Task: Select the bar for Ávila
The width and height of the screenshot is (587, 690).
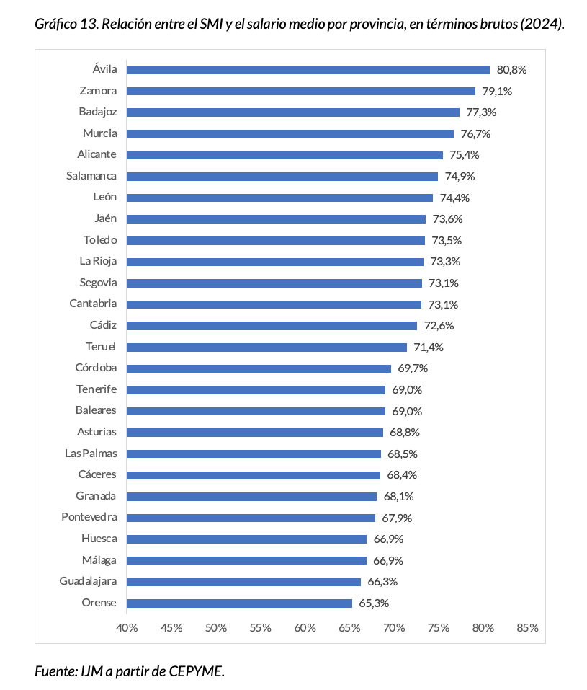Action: click(x=308, y=70)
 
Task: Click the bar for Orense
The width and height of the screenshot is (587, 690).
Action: click(x=240, y=603)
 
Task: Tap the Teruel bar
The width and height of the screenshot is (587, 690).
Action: click(x=267, y=347)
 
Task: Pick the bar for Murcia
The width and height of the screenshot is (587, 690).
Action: click(x=290, y=134)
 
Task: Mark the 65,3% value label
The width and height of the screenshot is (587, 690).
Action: click(x=375, y=603)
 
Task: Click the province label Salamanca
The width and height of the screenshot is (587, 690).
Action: click(x=91, y=176)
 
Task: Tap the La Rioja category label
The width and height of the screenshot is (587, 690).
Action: click(x=99, y=261)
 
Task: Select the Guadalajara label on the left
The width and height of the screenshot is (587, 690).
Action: click(x=88, y=581)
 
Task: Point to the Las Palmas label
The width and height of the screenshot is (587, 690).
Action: click(x=91, y=454)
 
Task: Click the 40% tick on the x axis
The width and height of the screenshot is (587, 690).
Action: click(x=127, y=627)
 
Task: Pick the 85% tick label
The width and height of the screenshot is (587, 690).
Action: click(x=527, y=627)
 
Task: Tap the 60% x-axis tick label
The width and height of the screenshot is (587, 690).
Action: click(x=305, y=627)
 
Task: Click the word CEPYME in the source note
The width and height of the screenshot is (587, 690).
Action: click(x=196, y=671)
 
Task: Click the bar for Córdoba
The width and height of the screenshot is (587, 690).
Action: click(x=259, y=368)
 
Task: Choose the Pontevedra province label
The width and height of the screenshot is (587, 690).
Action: click(x=89, y=518)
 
